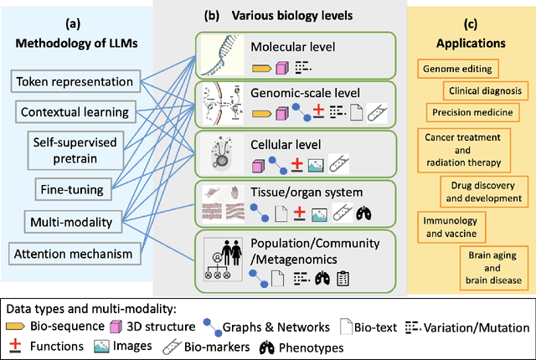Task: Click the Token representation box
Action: point(73,81)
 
